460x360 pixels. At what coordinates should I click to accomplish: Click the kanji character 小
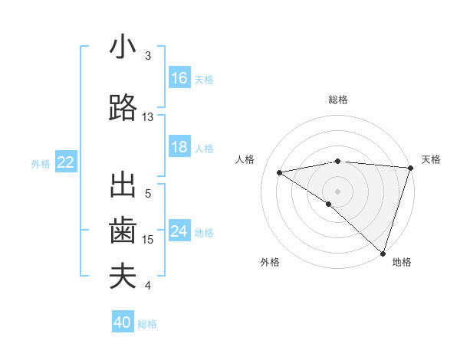(x=123, y=47)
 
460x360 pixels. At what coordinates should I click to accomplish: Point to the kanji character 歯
(x=123, y=231)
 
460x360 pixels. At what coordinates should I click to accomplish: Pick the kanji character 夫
(x=123, y=277)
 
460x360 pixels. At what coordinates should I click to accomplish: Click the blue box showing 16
(x=179, y=78)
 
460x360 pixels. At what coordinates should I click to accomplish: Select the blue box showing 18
(x=179, y=147)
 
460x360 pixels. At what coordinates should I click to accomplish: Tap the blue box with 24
(x=179, y=231)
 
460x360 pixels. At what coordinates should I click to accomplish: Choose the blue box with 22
(x=66, y=162)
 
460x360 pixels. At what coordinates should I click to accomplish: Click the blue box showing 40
(x=123, y=322)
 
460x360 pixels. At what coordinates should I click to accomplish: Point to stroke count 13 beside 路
(x=148, y=117)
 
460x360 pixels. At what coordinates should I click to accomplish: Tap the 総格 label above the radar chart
(x=337, y=100)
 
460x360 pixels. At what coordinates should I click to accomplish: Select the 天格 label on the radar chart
(x=431, y=159)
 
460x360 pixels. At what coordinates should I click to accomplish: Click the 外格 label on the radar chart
(x=270, y=262)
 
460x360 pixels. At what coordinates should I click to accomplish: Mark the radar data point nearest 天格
(x=410, y=167)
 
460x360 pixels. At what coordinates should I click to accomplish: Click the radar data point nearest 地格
(x=383, y=253)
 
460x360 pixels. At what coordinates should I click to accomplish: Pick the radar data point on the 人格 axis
(x=279, y=172)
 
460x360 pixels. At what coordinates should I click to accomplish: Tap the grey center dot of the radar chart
(x=337, y=191)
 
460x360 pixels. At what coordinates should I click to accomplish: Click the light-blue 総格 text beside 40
(x=147, y=324)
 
